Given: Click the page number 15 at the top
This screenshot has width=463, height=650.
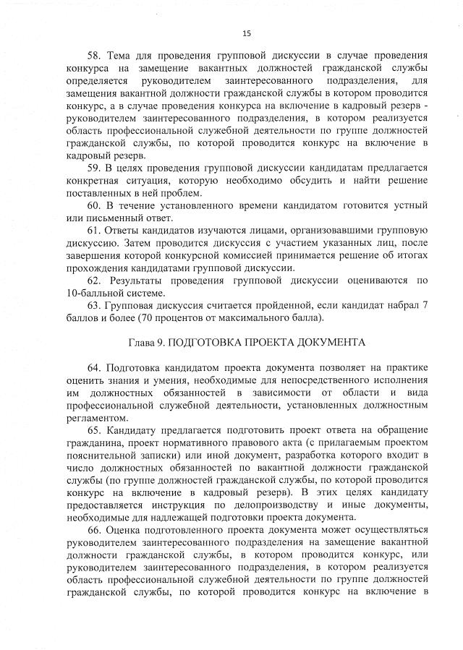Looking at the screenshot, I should (x=246, y=33).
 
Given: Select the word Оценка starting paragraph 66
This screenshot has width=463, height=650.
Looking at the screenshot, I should (x=127, y=530).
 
